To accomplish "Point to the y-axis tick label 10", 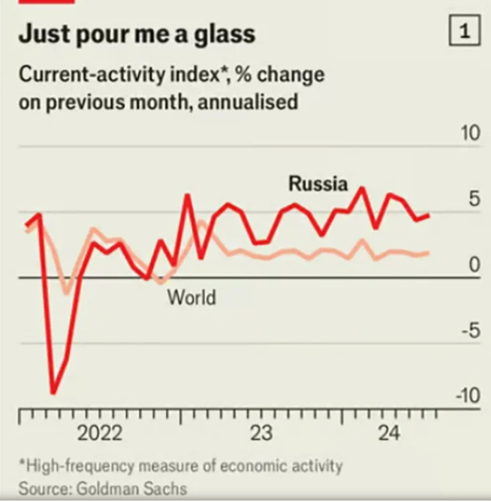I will (469, 134).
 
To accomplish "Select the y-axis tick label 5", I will (474, 200).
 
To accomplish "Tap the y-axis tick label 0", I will (474, 265).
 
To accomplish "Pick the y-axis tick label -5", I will (468, 331).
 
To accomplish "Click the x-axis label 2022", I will (100, 434).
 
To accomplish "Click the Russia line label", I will (318, 184).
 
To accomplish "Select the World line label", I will (191, 298).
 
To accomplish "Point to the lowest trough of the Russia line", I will (53, 392).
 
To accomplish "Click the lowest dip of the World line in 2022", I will (66, 293).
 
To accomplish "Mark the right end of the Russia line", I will (429, 215).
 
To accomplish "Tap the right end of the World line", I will (429, 253).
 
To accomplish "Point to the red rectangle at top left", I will (46, 2).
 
